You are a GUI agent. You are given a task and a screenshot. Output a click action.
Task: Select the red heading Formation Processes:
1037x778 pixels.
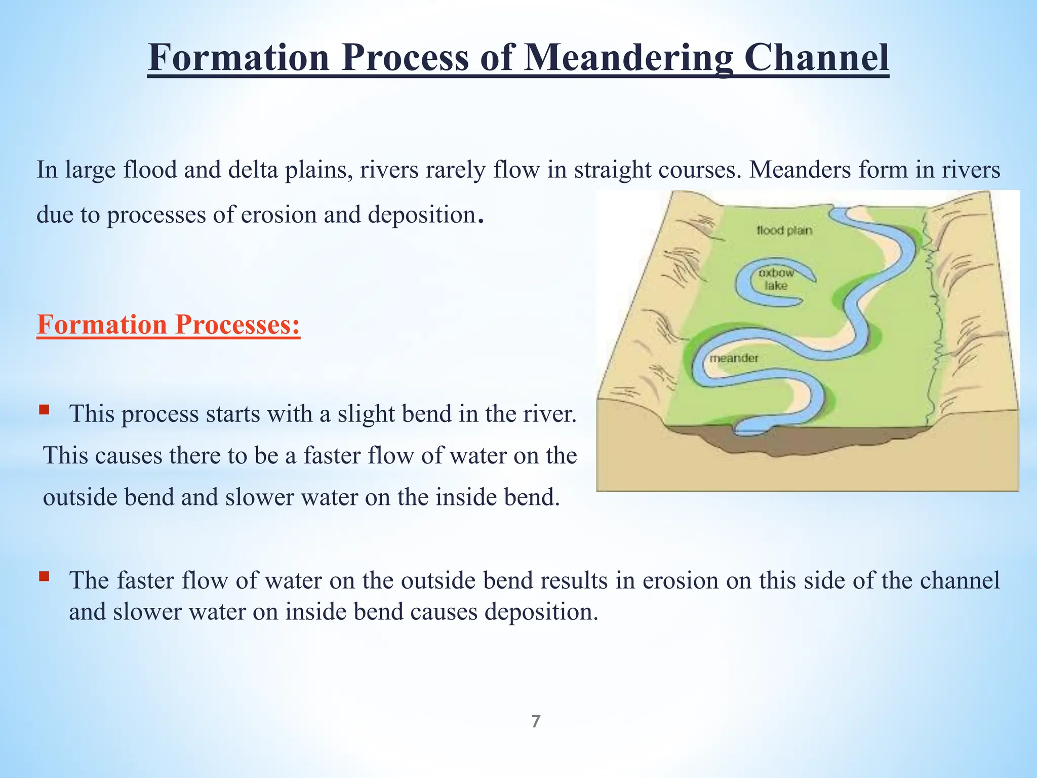click(169, 325)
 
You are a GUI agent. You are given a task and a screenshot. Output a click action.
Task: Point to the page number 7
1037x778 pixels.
click(536, 721)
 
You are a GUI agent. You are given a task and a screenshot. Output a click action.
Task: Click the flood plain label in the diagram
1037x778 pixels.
click(784, 230)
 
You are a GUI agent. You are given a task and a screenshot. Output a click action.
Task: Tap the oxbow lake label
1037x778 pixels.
click(776, 279)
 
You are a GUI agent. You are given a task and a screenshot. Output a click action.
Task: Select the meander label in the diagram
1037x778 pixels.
click(734, 358)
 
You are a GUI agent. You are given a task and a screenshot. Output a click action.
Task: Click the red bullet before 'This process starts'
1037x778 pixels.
click(44, 409)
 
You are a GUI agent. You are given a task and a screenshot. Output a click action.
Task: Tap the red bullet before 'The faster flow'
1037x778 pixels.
click(44, 576)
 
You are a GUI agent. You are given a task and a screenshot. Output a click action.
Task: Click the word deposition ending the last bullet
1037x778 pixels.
click(541, 612)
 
